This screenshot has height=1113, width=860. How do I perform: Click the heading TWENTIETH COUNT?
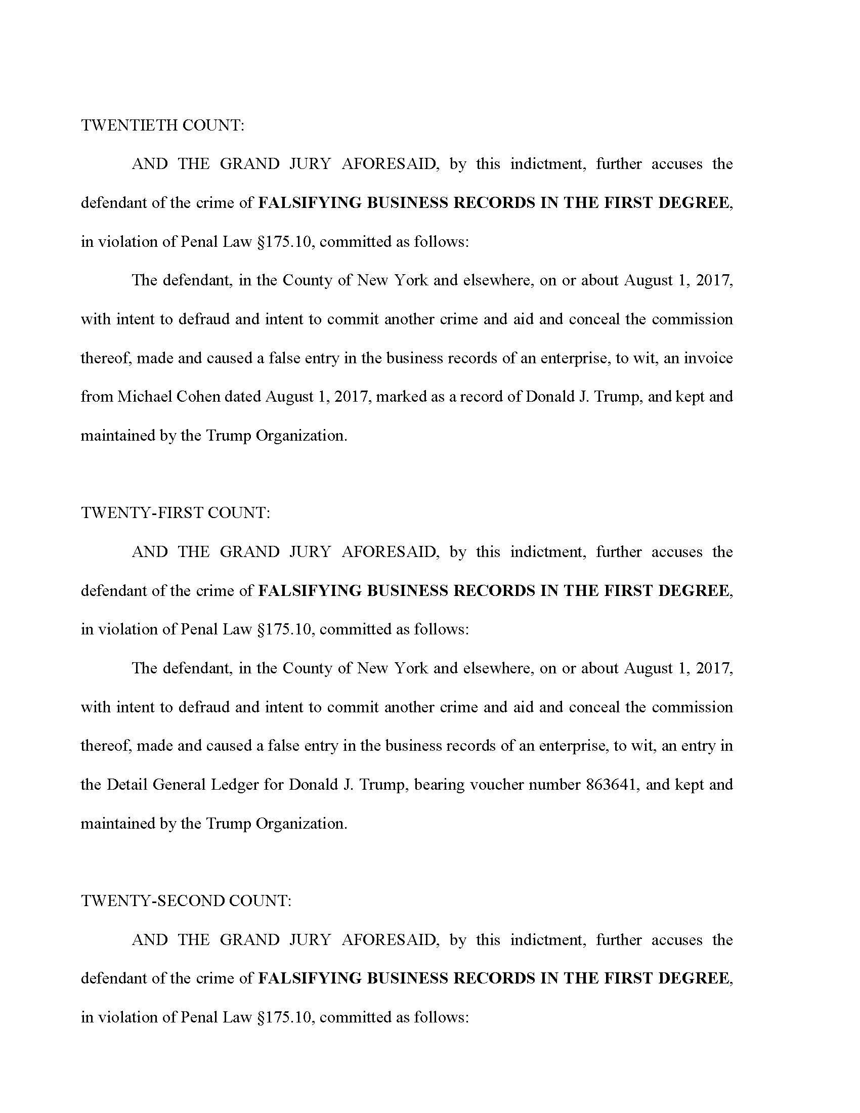[x=162, y=125]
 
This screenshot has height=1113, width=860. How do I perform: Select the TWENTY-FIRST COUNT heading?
[x=175, y=512]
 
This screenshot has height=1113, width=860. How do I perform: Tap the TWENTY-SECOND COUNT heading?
[x=186, y=901]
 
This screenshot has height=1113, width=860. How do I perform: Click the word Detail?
[x=126, y=784]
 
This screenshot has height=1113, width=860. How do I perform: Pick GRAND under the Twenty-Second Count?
[x=249, y=939]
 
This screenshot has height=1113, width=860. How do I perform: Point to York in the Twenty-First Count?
[x=411, y=668]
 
